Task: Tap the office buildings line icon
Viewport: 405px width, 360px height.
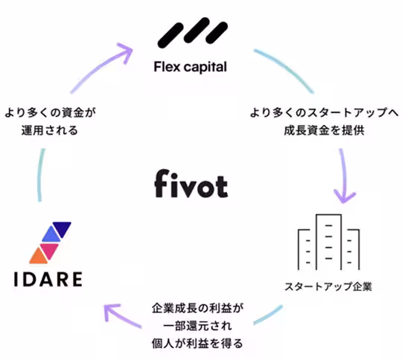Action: click(x=328, y=242)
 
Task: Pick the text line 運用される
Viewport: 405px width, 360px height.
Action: click(x=51, y=131)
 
